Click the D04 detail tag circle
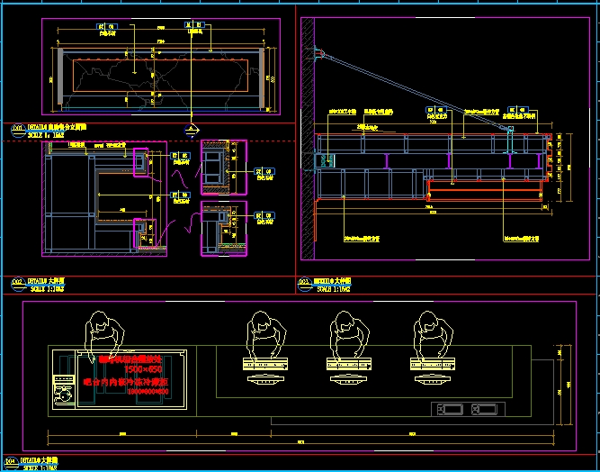[x=15, y=460]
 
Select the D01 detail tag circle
[x=15, y=128]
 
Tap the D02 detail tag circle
[x=15, y=282]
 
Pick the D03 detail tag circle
[x=304, y=282]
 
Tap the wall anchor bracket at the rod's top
[x=319, y=55]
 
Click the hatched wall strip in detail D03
[x=308, y=135]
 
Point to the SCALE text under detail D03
[x=329, y=288]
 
